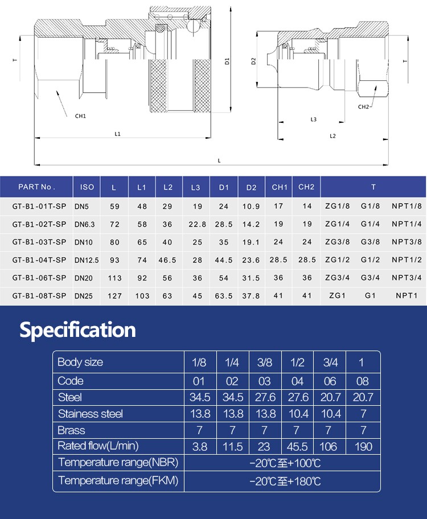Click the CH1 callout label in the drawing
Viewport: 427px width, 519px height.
(x=80, y=116)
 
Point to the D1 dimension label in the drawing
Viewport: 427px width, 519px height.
(x=227, y=61)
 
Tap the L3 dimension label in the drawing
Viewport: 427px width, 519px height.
(x=313, y=120)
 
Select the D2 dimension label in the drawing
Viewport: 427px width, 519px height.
(x=253, y=61)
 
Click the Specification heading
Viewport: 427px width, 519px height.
(x=78, y=330)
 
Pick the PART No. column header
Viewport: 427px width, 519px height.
(x=36, y=187)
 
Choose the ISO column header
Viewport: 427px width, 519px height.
(x=87, y=187)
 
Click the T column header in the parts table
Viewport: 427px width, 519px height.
(x=373, y=187)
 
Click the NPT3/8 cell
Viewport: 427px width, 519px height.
(x=407, y=242)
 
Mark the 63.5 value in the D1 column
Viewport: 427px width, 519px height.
(x=224, y=296)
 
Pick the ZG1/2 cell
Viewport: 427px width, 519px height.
(x=337, y=260)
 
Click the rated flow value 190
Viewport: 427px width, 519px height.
(x=363, y=447)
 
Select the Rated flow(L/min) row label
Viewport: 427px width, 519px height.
(x=98, y=446)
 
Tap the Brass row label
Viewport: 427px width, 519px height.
(x=71, y=430)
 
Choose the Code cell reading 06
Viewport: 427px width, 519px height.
(x=330, y=381)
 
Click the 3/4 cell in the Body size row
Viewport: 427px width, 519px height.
(x=330, y=363)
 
